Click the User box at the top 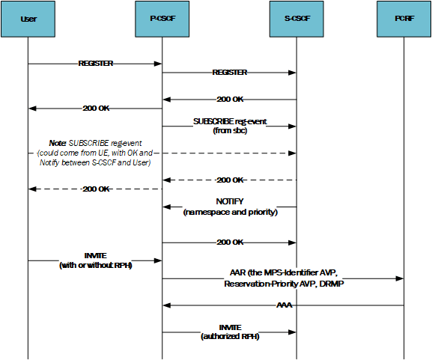click(28, 19)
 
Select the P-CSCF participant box click(162, 19)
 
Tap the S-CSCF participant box click(296, 19)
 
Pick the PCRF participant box click(404, 19)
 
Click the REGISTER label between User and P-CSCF click(96, 64)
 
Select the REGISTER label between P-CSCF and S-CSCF click(230, 73)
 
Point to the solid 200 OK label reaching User click(96, 109)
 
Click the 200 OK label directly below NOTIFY click(230, 242)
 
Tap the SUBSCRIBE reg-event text click(230, 121)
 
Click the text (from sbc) click(230, 131)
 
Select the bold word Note click(58, 142)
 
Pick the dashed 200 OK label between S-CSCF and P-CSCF click(230, 180)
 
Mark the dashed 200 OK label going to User click(96, 189)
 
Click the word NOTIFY click(230, 202)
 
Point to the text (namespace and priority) click(230, 213)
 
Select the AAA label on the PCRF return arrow click(283, 305)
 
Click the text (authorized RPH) click(230, 337)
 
